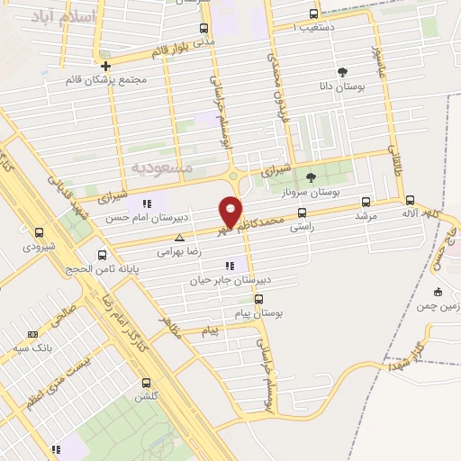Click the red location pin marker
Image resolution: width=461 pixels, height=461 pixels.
pyautogui.click(x=231, y=210)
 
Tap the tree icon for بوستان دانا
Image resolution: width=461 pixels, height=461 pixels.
pyautogui.click(x=342, y=72)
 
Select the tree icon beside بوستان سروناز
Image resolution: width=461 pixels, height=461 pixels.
pyautogui.click(x=312, y=177)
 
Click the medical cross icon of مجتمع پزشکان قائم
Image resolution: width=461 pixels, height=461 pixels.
pyautogui.click(x=106, y=66)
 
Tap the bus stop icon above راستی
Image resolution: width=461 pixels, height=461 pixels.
pyautogui.click(x=301, y=214)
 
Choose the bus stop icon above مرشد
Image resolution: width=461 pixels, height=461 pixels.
pyautogui.click(x=365, y=202)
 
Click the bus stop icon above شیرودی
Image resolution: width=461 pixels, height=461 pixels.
pyautogui.click(x=39, y=231)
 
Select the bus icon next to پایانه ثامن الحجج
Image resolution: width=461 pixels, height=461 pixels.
pyautogui.click(x=102, y=255)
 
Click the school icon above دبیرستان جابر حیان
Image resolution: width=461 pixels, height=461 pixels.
pyautogui.click(x=230, y=266)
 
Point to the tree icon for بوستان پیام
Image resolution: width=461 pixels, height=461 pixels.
pyautogui.click(x=252, y=299)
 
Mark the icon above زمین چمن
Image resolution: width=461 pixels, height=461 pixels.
pyautogui.click(x=438, y=291)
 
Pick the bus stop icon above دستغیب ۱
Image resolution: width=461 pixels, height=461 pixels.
pyautogui.click(x=312, y=14)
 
